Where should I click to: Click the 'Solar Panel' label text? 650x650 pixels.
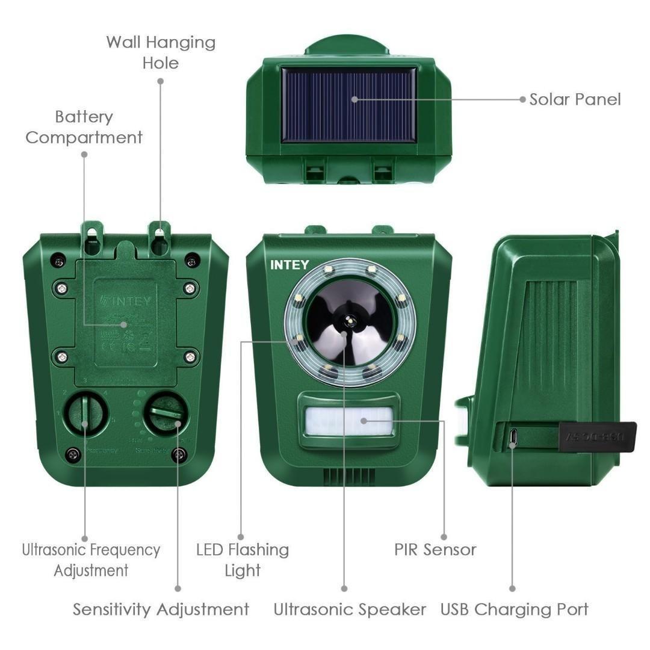(x=575, y=99)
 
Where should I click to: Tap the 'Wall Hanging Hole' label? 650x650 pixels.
(x=161, y=52)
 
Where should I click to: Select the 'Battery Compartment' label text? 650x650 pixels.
(x=84, y=127)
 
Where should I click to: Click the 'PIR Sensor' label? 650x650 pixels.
(x=435, y=549)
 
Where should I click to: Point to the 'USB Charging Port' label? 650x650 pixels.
(x=514, y=609)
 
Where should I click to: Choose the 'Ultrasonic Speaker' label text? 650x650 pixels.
(x=350, y=609)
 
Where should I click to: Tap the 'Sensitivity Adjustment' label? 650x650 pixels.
(x=161, y=609)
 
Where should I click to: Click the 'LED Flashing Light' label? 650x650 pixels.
(x=243, y=560)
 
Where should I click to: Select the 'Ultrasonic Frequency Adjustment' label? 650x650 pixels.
(x=91, y=560)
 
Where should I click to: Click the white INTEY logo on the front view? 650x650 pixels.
(x=289, y=265)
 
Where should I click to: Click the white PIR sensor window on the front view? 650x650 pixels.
(x=348, y=420)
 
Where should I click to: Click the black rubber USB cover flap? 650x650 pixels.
(x=597, y=436)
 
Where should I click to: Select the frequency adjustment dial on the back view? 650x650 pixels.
(x=85, y=413)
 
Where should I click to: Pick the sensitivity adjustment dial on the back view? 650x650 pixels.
(x=166, y=413)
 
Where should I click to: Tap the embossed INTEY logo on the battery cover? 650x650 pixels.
(x=126, y=299)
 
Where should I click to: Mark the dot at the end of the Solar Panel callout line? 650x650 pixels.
(x=522, y=99)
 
